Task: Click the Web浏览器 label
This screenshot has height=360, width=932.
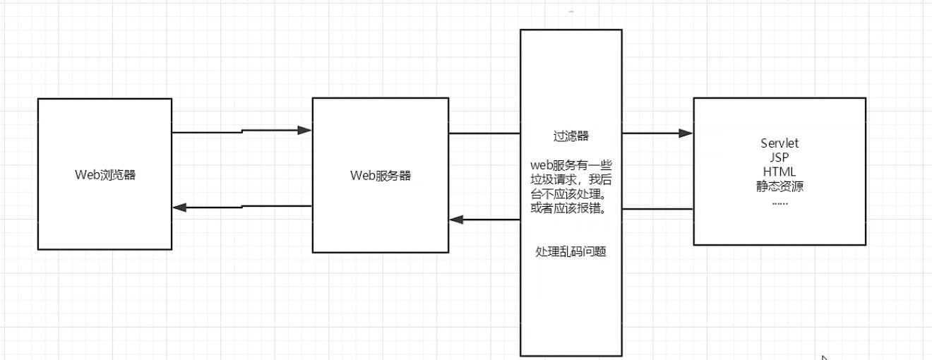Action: [x=104, y=175]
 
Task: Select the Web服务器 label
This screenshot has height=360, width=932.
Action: [x=381, y=175]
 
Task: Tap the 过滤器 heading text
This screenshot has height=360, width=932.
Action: [x=571, y=135]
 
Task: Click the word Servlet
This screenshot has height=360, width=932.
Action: [x=779, y=143]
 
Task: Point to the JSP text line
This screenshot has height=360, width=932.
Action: [x=779, y=157]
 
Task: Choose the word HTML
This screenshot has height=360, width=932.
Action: [x=779, y=172]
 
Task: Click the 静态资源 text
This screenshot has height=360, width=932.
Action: [x=779, y=187]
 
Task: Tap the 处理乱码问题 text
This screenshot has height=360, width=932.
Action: [x=571, y=252]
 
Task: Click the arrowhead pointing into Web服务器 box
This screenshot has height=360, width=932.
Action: [x=304, y=130]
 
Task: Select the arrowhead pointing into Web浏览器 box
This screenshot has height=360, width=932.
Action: [x=180, y=208]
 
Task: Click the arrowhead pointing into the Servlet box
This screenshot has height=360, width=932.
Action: [x=685, y=133]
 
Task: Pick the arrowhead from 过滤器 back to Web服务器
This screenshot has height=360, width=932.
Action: [x=458, y=220]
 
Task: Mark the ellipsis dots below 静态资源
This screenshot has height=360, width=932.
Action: [x=779, y=202]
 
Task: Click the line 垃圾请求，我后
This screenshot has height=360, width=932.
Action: [x=571, y=179]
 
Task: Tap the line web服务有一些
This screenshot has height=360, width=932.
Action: [x=571, y=166]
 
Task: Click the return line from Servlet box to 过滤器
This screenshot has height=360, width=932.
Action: [x=657, y=209]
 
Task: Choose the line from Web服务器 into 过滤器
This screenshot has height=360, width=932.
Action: [x=484, y=133]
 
